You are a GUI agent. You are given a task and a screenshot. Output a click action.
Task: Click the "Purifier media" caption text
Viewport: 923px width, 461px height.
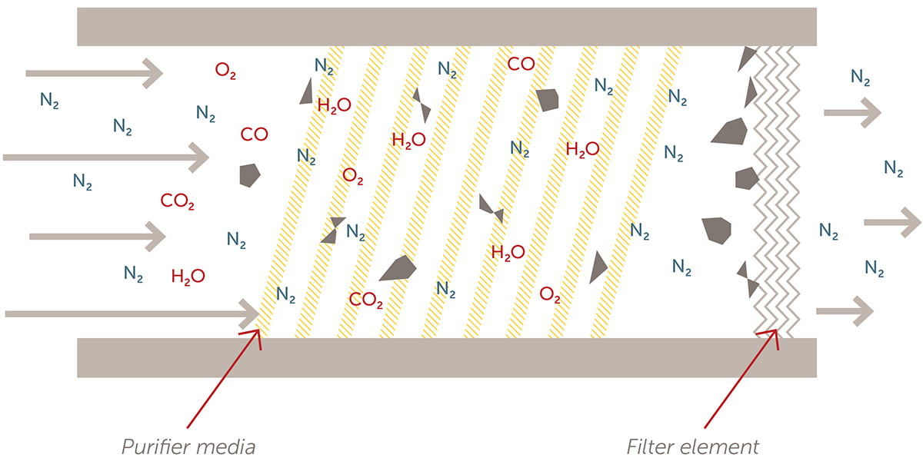tap(188, 446)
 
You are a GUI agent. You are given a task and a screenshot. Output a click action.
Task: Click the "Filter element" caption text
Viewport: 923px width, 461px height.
tap(692, 446)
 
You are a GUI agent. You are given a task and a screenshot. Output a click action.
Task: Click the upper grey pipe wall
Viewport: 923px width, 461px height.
tap(446, 27)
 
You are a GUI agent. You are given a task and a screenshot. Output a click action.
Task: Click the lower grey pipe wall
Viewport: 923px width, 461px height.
tap(446, 357)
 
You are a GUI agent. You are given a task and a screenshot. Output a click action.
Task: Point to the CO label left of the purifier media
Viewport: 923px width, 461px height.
tap(254, 134)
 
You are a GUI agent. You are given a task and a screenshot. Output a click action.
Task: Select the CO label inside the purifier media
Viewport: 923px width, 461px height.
tap(521, 64)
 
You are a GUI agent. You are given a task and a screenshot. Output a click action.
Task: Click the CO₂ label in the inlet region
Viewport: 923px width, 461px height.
tap(178, 202)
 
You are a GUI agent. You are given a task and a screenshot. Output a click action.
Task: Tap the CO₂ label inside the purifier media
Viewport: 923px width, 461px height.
tap(366, 300)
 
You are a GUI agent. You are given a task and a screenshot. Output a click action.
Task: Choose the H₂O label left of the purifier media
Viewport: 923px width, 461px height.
tap(188, 276)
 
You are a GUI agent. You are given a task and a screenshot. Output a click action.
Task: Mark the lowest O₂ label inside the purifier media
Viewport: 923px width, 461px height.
tap(550, 294)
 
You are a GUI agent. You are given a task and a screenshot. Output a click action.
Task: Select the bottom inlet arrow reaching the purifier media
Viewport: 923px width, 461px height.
tap(131, 313)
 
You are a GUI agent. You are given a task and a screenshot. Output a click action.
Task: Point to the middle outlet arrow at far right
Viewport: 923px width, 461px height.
tap(891, 222)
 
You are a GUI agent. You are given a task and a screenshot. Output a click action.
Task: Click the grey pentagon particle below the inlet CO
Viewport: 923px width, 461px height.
tap(249, 175)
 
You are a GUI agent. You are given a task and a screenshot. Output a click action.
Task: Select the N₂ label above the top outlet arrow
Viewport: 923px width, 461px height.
tap(861, 77)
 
